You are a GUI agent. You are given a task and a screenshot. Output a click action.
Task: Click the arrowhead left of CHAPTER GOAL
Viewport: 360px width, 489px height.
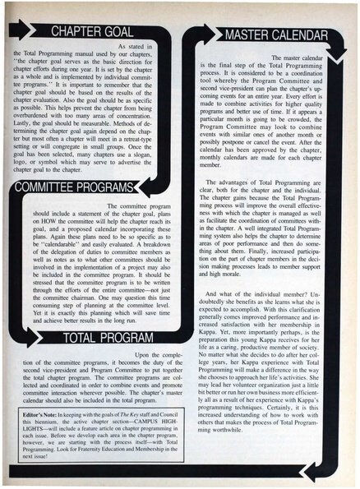point(25,33)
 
